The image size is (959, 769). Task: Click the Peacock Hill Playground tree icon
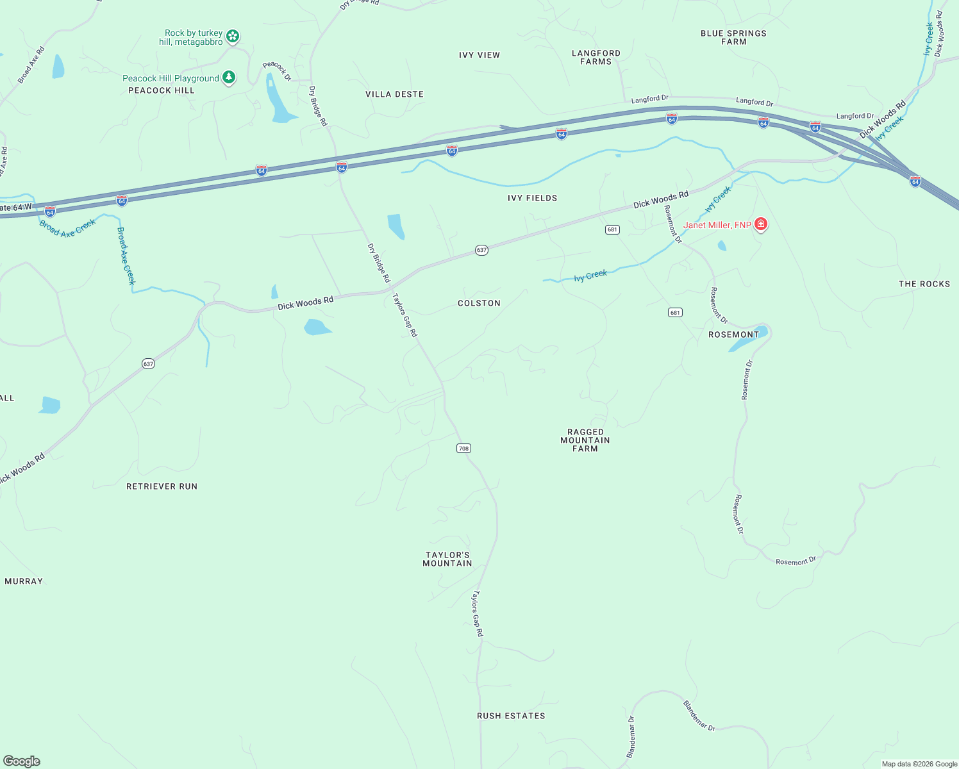click(229, 78)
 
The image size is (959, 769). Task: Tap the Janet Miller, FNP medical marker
click(761, 224)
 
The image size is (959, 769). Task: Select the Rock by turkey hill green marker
click(233, 37)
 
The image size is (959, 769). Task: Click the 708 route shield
click(463, 448)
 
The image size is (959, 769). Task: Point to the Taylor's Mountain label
click(447, 559)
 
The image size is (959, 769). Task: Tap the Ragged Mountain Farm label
click(585, 440)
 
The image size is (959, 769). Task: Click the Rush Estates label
click(511, 716)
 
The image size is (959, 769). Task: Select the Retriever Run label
click(162, 486)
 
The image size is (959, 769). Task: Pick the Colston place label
click(479, 303)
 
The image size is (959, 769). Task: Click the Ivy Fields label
click(532, 198)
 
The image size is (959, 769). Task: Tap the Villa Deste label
click(394, 94)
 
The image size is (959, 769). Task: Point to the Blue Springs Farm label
click(733, 37)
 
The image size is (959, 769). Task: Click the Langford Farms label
click(596, 57)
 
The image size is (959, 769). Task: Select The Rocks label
click(924, 284)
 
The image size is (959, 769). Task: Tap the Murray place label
click(24, 581)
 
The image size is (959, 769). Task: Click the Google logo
click(21, 761)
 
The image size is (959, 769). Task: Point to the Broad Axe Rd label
click(31, 65)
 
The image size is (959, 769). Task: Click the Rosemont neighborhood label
click(733, 335)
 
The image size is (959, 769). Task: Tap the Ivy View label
click(479, 55)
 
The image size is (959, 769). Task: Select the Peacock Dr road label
click(277, 70)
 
